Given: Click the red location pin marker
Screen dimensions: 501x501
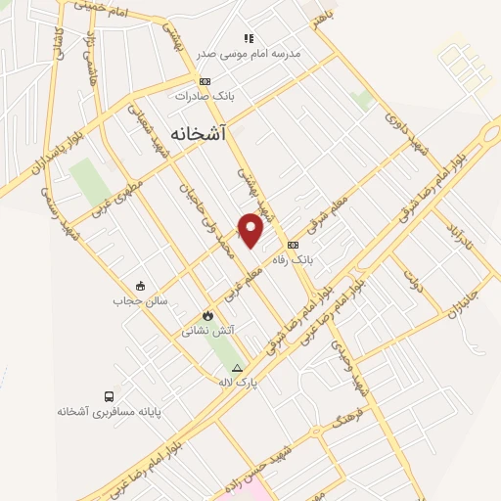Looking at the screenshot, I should pyautogui.click(x=251, y=230).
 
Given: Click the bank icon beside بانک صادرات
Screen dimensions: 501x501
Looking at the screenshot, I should pyautogui.click(x=204, y=81).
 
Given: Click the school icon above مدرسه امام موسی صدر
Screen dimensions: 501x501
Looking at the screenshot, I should pyautogui.click(x=250, y=38).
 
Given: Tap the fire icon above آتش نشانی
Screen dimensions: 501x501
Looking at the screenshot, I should pyautogui.click(x=207, y=315).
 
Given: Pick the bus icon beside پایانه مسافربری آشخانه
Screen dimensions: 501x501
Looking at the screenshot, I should pyautogui.click(x=108, y=396).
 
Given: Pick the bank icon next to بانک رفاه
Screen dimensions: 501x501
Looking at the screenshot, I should pyautogui.click(x=293, y=244).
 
